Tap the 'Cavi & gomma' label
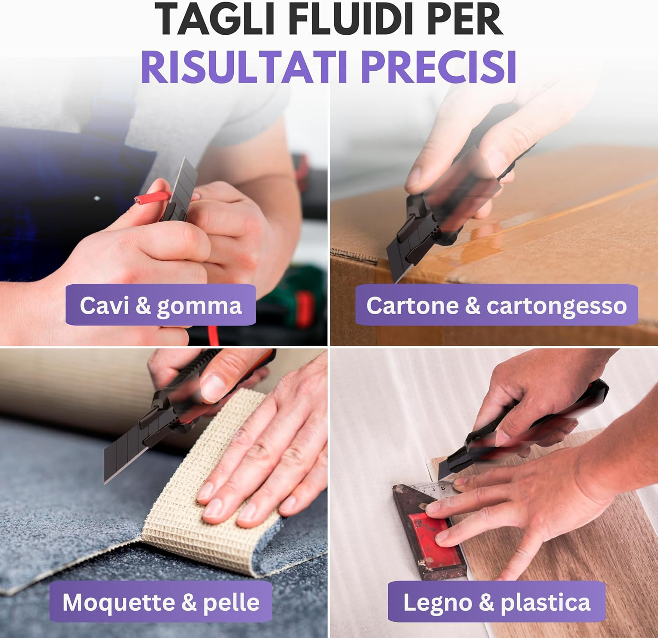point(161,305)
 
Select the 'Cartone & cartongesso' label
point(497,305)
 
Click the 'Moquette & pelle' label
point(161,602)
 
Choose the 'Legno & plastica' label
point(497,602)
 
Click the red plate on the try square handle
point(432,538)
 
